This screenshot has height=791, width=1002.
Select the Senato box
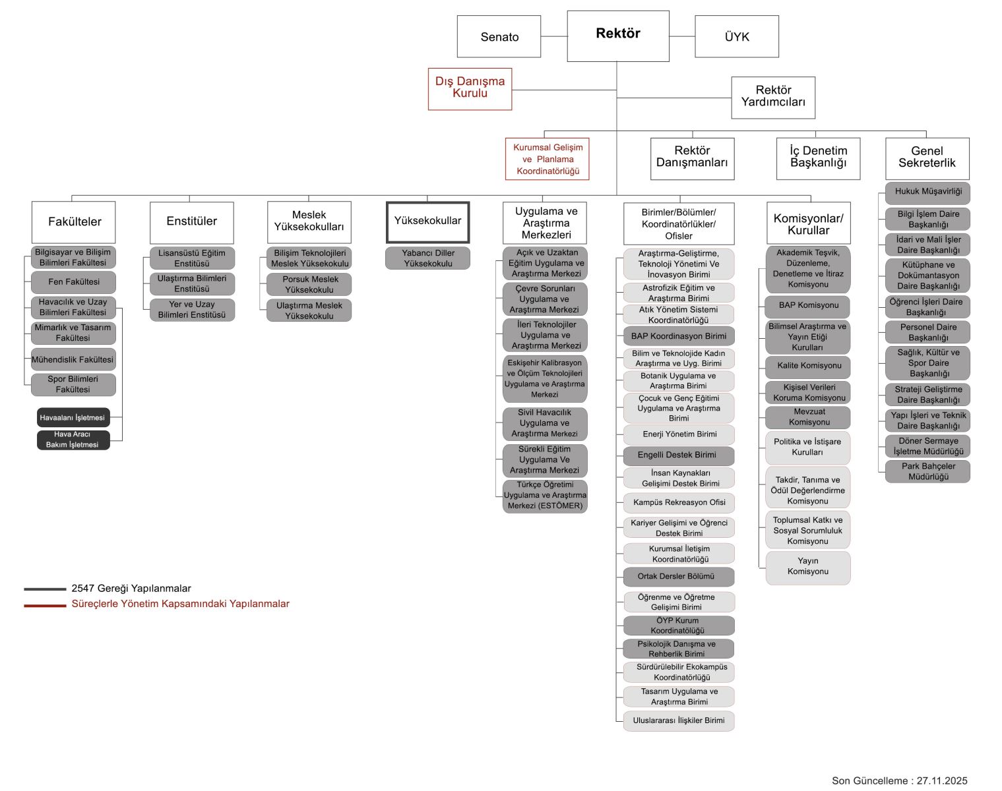click(499, 37)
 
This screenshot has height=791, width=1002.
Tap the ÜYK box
click(737, 37)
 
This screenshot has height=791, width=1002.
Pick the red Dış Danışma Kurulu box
click(470, 88)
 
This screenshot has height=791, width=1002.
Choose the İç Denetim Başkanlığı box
click(818, 158)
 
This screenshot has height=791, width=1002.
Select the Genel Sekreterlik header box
click(927, 158)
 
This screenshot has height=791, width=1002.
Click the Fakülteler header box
click(74, 222)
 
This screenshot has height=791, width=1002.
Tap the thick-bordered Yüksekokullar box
click(427, 222)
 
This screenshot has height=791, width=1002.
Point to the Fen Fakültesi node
click(74, 282)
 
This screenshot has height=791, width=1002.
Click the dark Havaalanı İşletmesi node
click(73, 418)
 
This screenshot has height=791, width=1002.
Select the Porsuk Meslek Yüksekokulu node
click(309, 285)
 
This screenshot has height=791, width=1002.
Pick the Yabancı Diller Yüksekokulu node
click(427, 258)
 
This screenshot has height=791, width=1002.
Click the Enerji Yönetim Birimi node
click(679, 434)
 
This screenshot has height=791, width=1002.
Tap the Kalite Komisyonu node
click(809, 366)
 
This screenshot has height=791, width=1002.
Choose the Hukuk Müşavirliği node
click(927, 192)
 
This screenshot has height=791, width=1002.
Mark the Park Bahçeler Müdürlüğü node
click(927, 471)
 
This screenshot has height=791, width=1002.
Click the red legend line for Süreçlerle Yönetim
click(45, 605)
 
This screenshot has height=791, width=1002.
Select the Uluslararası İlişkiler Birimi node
click(679, 720)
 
